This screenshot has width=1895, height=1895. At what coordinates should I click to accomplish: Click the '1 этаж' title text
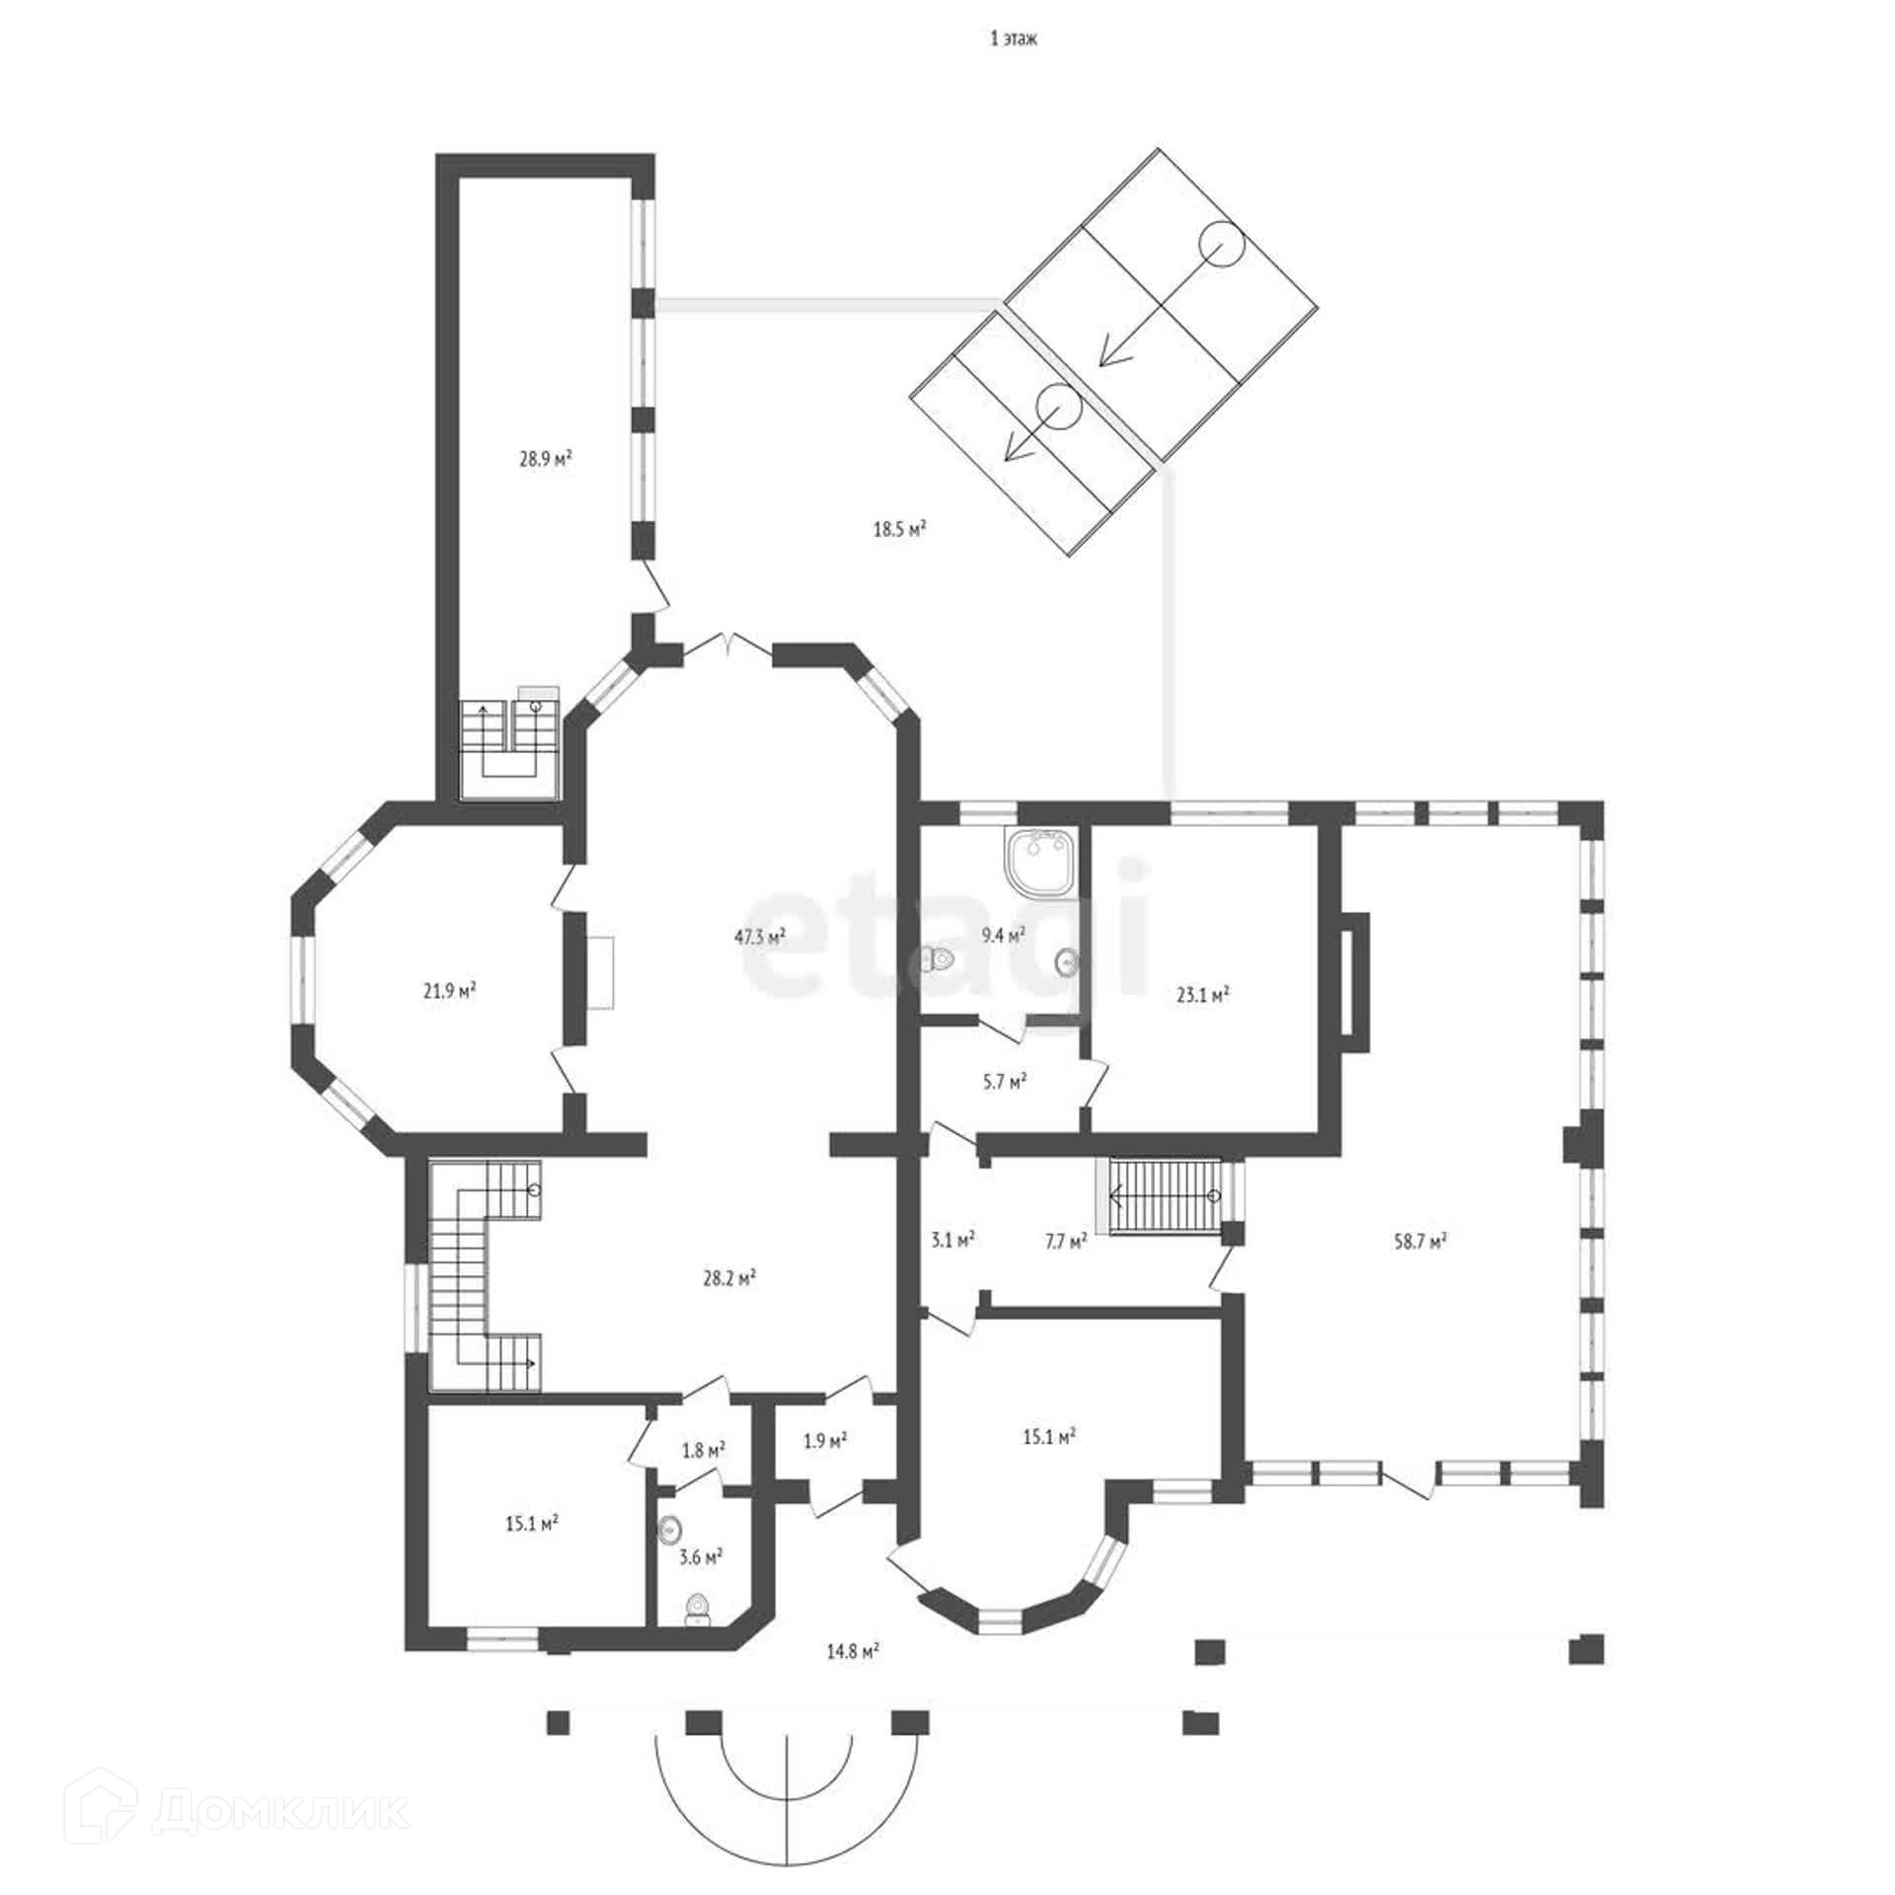pyautogui.click(x=1014, y=39)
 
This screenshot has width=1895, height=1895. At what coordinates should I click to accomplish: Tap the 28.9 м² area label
pyautogui.click(x=547, y=459)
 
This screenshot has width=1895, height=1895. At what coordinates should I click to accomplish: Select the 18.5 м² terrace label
pyautogui.click(x=899, y=529)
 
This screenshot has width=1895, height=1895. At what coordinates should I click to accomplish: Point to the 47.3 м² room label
pyautogui.click(x=759, y=937)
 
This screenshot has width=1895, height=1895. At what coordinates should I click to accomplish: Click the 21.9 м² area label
pyautogui.click(x=450, y=989)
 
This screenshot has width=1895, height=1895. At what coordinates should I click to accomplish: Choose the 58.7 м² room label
pyautogui.click(x=1420, y=1242)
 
